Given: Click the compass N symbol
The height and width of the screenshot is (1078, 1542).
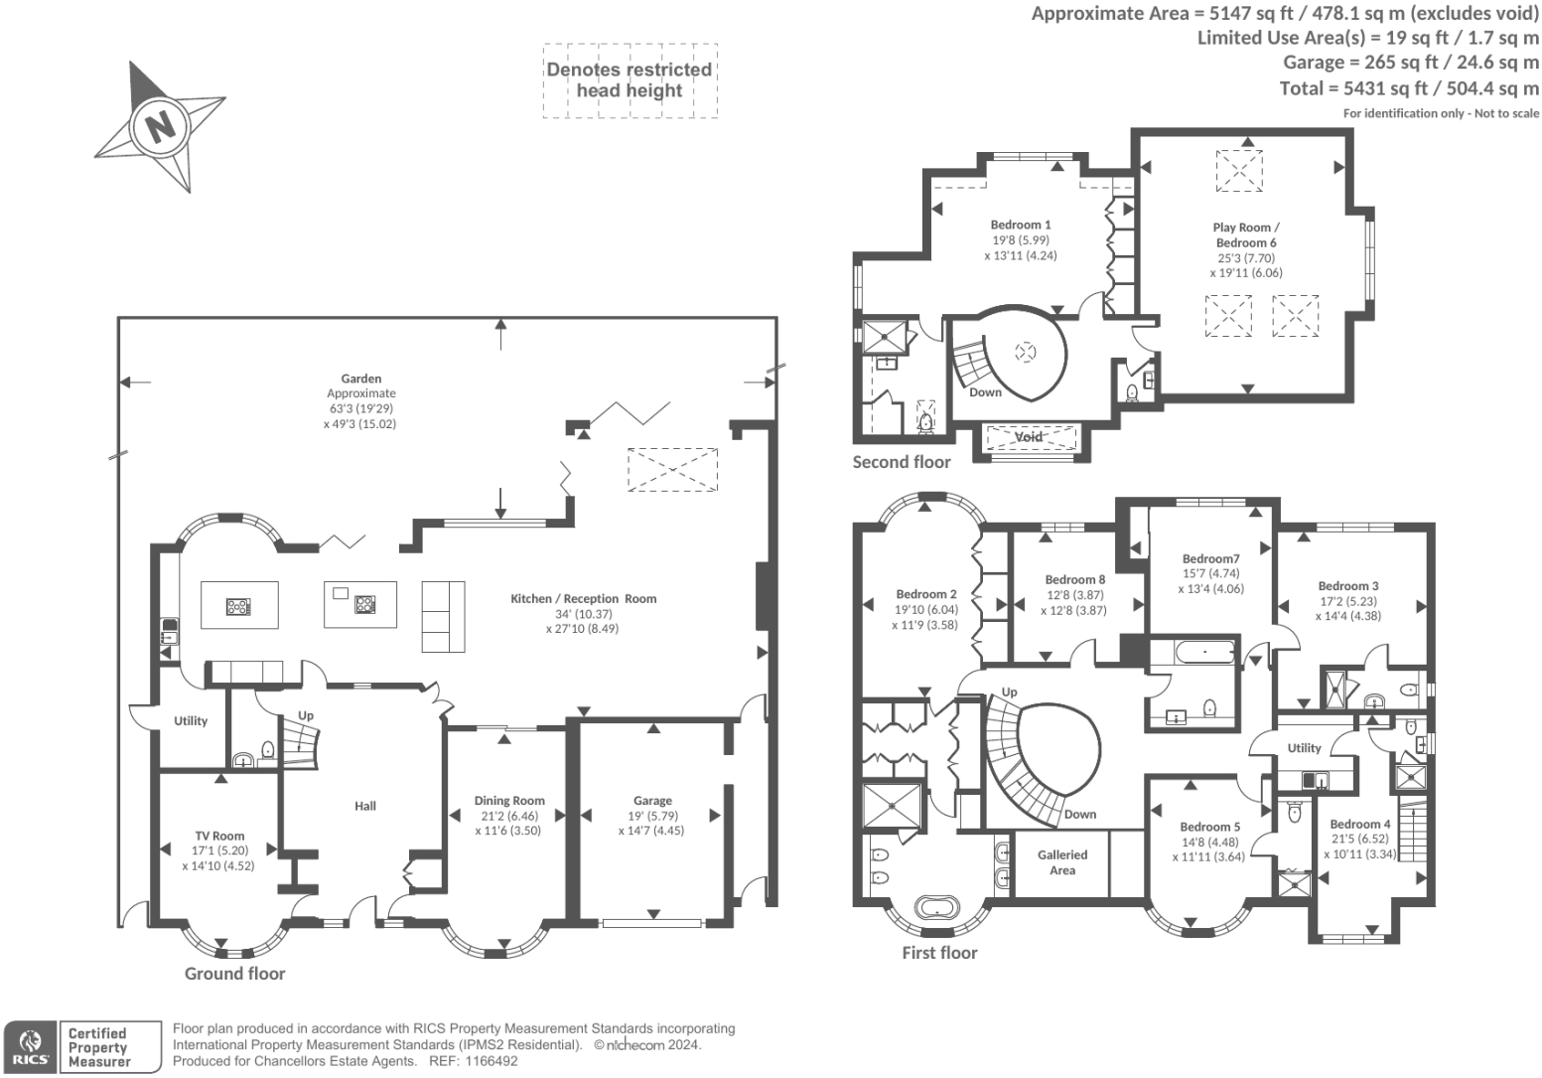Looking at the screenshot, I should coord(158,126).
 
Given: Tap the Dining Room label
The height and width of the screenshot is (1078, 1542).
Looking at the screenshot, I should coord(508,801).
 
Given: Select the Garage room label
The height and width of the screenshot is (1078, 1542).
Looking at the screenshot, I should coord(652,801).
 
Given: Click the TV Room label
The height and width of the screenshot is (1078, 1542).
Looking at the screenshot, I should coord(218,836).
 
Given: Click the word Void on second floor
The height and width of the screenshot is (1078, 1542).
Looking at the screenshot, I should coord(1029,437).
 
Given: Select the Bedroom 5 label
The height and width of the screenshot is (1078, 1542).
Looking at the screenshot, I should coord(1209,827).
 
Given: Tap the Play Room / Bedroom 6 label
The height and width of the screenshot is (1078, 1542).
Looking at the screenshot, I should coord(1245,235).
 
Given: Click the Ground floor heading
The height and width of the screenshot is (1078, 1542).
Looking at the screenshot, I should coord(234,974).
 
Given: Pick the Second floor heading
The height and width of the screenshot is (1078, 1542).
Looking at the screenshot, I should coord(901,462).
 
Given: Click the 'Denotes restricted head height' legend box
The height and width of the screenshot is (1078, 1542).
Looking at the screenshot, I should coord(630,80).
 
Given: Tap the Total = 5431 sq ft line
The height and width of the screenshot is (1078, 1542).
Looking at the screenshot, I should coord(1408,88).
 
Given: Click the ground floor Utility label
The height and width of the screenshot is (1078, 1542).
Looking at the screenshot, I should coord(191,721).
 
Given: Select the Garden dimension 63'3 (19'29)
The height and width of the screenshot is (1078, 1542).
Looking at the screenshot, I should coord(360,408).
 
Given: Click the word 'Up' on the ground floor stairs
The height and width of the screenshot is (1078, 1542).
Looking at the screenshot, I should coord(306,715).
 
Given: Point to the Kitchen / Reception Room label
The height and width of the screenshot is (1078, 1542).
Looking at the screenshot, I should coord(583,599).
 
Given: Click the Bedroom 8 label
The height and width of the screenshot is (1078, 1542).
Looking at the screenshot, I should coord(1074,579).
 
